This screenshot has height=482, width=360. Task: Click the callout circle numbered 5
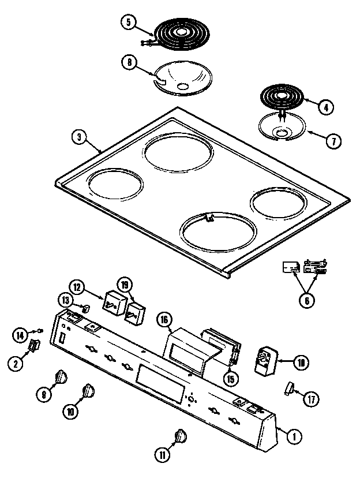click(x=128, y=23)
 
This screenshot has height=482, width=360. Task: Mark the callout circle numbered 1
click(x=294, y=437)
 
